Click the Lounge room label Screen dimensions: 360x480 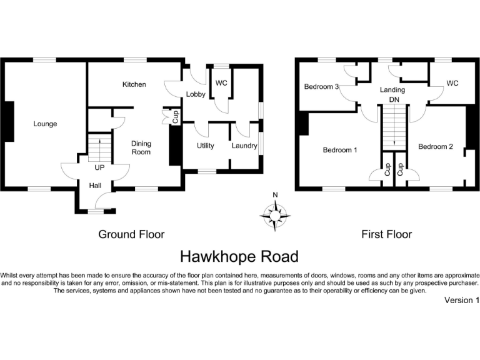(45, 124)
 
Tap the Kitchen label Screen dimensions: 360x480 (134, 84)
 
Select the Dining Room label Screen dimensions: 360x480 (141, 147)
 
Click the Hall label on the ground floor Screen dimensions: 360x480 (95, 185)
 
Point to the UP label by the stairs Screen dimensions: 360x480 (99, 168)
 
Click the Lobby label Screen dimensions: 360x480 (196, 94)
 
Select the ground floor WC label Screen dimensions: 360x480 (221, 82)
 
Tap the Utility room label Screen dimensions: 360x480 (206, 146)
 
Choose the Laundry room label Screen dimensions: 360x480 (244, 146)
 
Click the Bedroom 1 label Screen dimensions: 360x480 (340, 150)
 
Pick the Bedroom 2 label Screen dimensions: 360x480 (436, 146)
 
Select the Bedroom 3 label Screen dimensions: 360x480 (321, 86)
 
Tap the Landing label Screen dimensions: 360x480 (392, 90)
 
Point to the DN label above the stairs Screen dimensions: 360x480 (394, 99)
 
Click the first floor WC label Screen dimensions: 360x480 (452, 82)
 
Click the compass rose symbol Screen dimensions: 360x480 (275, 214)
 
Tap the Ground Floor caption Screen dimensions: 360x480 (131, 234)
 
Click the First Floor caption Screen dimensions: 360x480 (387, 234)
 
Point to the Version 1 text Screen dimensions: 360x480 (461, 301)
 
